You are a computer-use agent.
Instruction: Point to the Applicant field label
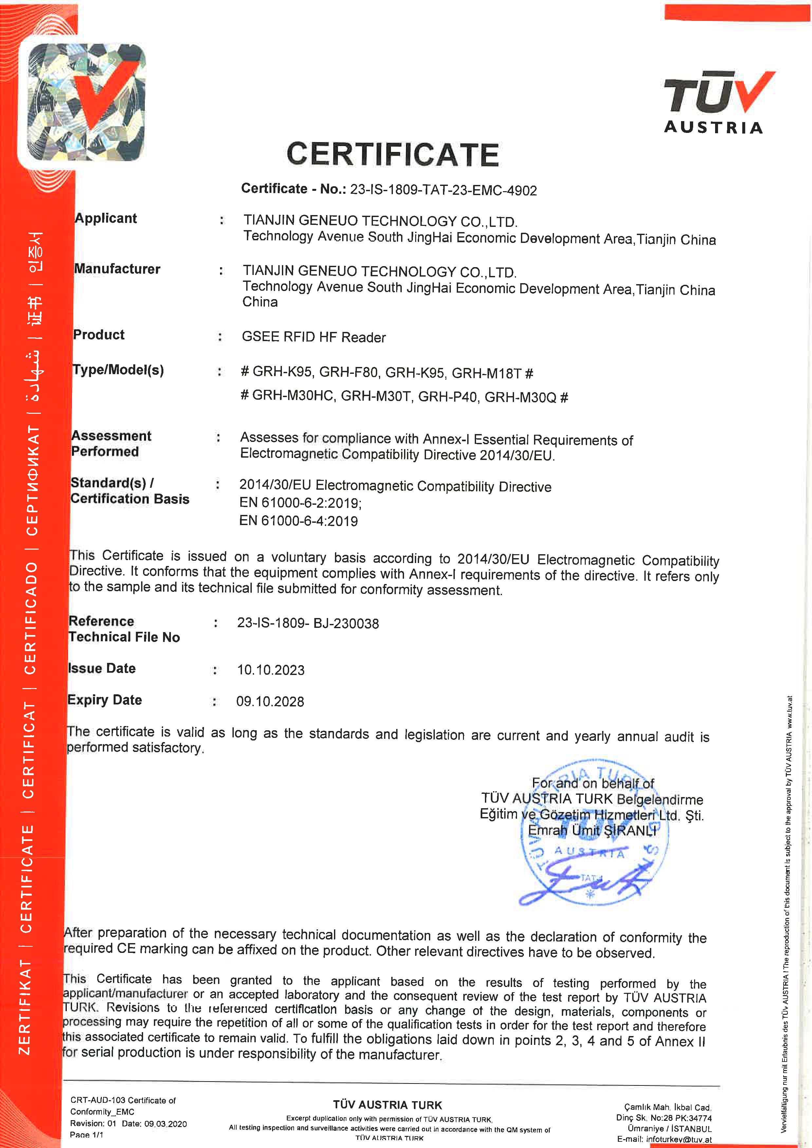[x=105, y=218]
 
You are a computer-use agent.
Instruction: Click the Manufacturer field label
[x=117, y=269]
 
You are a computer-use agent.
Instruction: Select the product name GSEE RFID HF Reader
[x=313, y=337]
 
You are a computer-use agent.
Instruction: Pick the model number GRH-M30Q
[x=520, y=397]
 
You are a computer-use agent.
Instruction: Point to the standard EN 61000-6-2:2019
[x=300, y=503]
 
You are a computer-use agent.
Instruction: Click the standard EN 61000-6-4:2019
[x=299, y=521]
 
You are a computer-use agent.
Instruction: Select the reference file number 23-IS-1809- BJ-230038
[x=307, y=623]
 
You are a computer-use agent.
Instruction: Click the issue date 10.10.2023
[x=270, y=670]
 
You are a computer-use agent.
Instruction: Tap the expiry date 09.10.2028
[x=270, y=702]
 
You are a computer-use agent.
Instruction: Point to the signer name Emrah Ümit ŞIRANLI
[x=592, y=830]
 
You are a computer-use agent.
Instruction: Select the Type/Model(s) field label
[x=118, y=370]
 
